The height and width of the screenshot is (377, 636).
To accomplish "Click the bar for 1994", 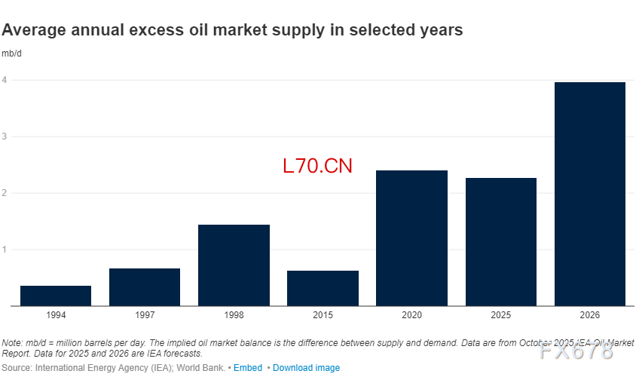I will [x=56, y=296].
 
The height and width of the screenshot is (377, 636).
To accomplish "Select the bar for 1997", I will [x=145, y=287].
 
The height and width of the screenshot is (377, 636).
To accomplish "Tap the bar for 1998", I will [x=234, y=265].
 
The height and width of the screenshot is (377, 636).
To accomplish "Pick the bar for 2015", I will [x=323, y=288].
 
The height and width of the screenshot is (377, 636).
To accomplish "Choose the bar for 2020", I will [x=411, y=238].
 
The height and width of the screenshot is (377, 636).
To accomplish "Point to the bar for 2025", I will [x=500, y=242].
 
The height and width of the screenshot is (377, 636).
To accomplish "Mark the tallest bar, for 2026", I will [x=589, y=194].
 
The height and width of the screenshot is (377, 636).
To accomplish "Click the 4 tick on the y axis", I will [x=5, y=80].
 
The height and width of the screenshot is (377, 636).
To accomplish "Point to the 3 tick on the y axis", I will [x=5, y=136].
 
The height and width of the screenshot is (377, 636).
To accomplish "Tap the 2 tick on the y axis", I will [x=5, y=193].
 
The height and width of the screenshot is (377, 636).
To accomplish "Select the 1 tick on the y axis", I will [x=5, y=250].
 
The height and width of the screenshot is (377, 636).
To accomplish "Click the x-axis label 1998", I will [x=234, y=314].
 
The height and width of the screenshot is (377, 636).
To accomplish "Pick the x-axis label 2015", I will [x=323, y=314].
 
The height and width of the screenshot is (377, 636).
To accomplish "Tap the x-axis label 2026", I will [x=589, y=314].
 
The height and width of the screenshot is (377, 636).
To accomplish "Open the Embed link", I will [x=248, y=368].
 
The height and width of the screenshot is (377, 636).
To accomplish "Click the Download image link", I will [x=306, y=368].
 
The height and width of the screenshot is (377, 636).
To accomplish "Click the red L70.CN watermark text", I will [x=317, y=166].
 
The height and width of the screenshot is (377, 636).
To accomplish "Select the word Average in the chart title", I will [x=32, y=31].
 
